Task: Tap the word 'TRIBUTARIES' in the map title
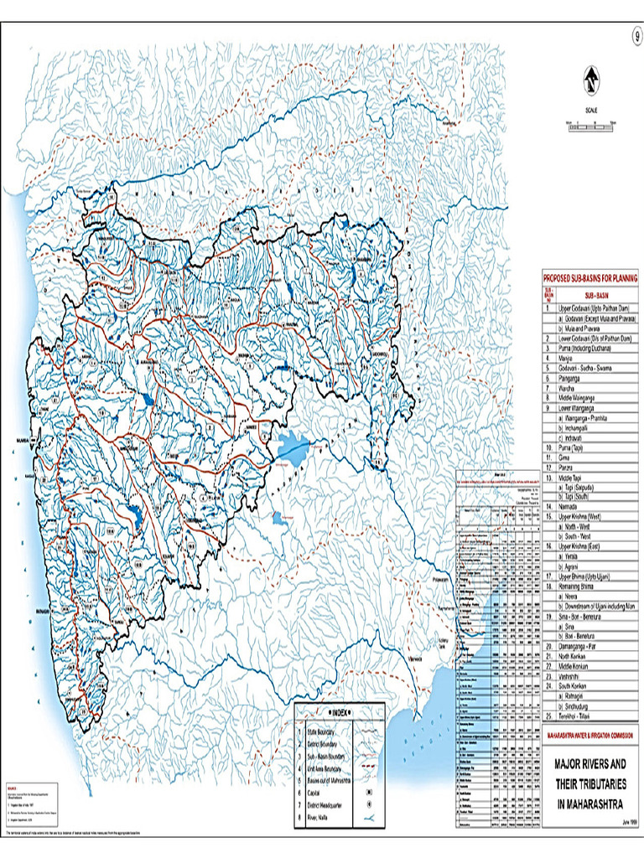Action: pos(600,783)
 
